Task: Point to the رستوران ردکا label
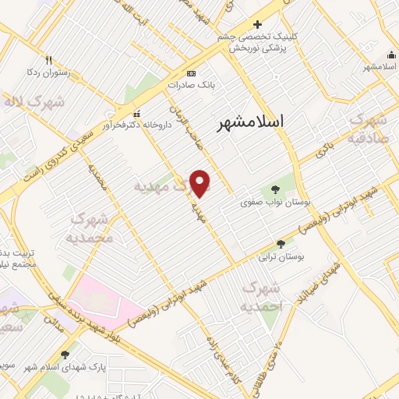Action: point(49,72)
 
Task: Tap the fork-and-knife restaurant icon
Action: point(49,59)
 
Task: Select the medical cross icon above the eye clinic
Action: point(258,24)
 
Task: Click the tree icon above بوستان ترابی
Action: point(281,244)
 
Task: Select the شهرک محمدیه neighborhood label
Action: point(90,227)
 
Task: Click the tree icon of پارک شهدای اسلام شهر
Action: point(76,355)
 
